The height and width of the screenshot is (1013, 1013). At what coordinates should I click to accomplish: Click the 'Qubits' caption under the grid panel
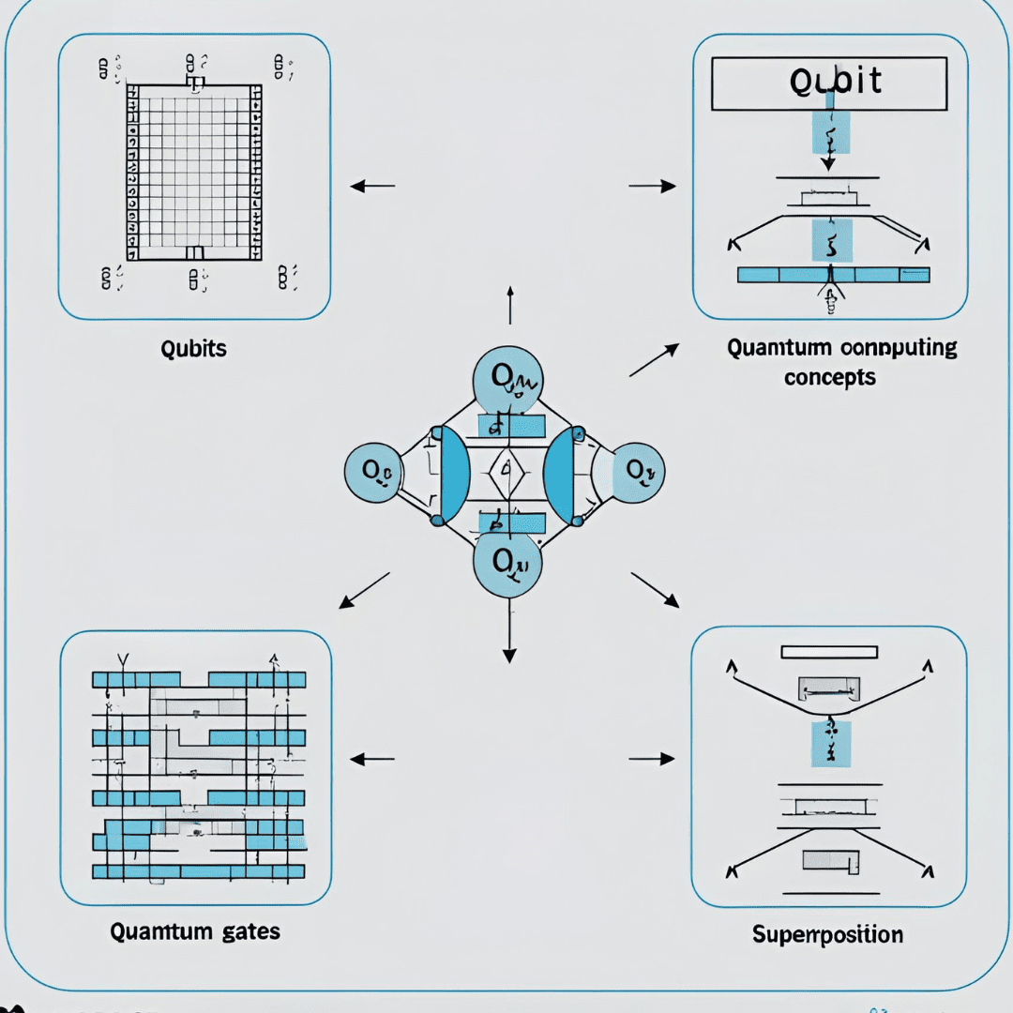point(194,349)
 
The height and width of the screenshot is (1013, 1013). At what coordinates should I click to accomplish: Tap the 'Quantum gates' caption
point(195,931)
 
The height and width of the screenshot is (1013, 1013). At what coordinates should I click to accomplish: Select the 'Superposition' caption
point(828,934)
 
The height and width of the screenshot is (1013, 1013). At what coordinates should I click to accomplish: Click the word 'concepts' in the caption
point(830,377)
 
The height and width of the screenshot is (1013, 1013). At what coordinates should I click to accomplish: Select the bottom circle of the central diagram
point(507,564)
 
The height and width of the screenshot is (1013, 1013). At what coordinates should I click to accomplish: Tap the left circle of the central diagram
point(373,471)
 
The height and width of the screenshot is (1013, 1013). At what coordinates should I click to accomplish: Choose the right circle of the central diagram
point(637,471)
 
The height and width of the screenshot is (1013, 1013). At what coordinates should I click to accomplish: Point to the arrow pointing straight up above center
point(509,305)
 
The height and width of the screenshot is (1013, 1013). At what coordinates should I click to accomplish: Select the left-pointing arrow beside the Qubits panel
point(372,187)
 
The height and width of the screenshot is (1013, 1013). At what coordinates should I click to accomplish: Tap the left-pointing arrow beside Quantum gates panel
point(372,758)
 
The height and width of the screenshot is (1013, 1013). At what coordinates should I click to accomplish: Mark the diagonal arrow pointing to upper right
point(654,360)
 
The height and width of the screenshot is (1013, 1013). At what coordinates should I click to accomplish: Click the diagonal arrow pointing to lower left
point(364,590)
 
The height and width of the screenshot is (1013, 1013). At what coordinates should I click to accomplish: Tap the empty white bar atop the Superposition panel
point(829,652)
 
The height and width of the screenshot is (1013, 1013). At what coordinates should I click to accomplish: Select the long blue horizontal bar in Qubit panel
point(833,275)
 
